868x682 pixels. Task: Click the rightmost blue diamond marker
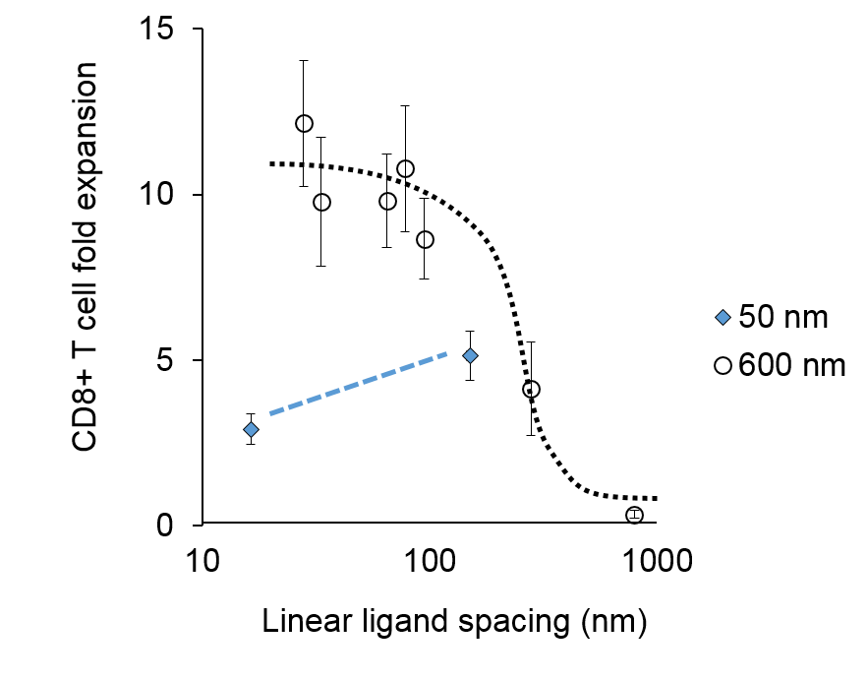[723, 317]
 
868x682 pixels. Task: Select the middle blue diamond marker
[470, 355]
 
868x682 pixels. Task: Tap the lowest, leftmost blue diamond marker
[251, 429]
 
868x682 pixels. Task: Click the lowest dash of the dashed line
[276, 411]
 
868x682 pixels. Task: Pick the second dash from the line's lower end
[295, 404]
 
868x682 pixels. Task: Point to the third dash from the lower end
[314, 399]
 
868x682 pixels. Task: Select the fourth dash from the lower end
[333, 392]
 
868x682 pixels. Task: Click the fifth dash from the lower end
[352, 386]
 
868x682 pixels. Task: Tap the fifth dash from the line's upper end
[371, 379]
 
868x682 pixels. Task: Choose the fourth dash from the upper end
[389, 373]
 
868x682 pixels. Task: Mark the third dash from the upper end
[408, 367]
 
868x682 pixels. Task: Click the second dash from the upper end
[426, 361]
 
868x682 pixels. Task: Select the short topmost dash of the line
[442, 355]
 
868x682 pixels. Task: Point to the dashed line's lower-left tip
[269, 413]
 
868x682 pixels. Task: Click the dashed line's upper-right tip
[448, 353]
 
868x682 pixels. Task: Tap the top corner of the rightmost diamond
[723, 310]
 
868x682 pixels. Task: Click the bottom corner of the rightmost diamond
[723, 324]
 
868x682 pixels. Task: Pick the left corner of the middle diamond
[463, 355]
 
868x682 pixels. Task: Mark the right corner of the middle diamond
[477, 355]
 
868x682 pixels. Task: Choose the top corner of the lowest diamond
[251, 422]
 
